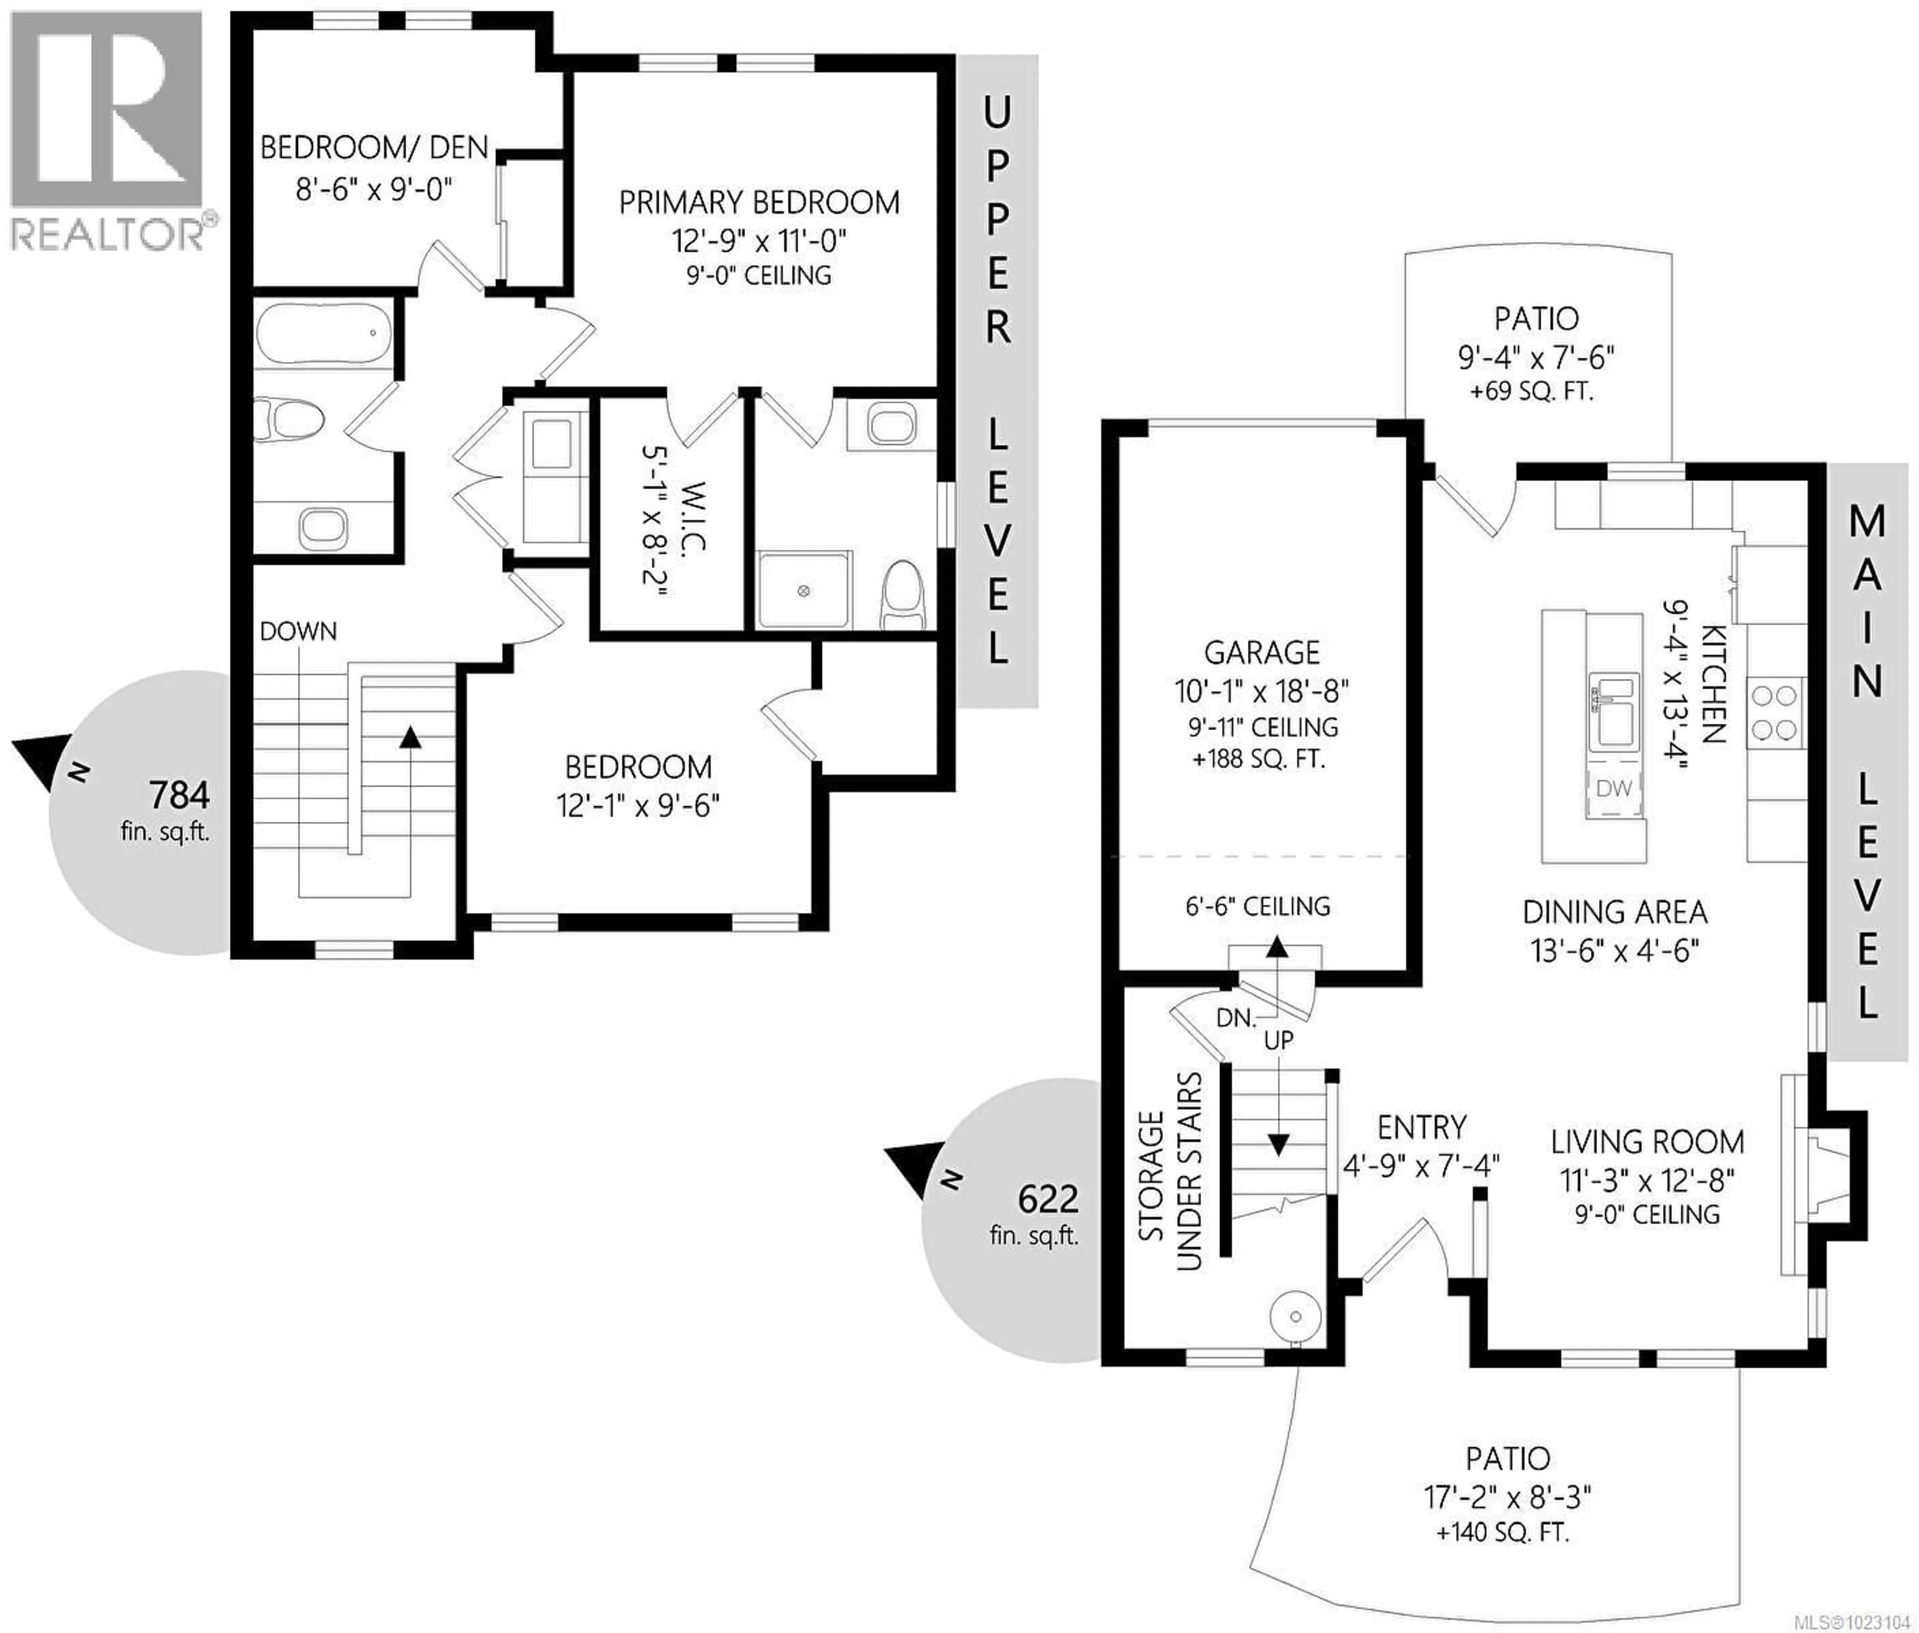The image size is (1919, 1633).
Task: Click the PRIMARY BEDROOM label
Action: click(x=758, y=203)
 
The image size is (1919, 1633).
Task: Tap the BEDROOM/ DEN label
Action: click(x=374, y=148)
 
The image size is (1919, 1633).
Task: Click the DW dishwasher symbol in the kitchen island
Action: click(x=1614, y=789)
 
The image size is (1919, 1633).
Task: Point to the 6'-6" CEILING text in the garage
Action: click(x=1258, y=906)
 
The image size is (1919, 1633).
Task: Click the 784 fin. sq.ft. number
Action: click(x=179, y=795)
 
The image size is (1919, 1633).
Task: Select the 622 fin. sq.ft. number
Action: click(x=1048, y=1200)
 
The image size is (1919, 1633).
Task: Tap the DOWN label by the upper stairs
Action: click(x=298, y=631)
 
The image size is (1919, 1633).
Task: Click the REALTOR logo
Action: click(x=106, y=129)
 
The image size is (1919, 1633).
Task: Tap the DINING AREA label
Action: click(x=1615, y=913)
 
